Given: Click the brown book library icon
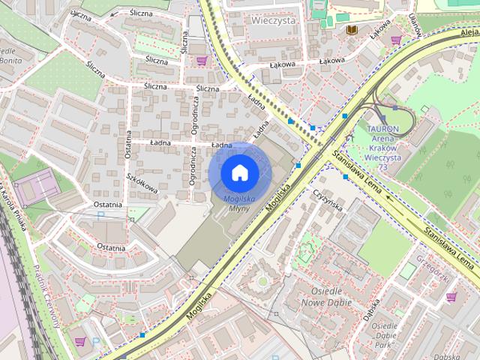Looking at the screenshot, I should coord(352,29).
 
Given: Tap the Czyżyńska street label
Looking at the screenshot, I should coord(328,198).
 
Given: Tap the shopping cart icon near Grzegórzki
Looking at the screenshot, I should coord(451,297).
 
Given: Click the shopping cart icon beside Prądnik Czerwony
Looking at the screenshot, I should coord(79,342).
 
